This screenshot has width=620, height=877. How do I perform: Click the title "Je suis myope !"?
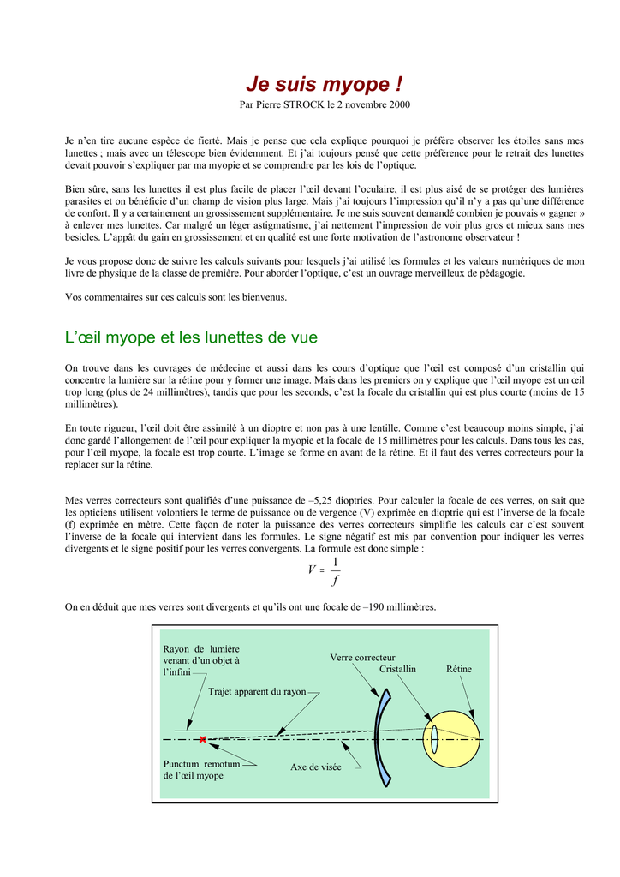pos(324,84)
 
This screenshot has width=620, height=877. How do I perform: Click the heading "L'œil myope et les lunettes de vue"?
pos(192,337)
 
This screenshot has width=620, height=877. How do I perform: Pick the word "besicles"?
pos(86,237)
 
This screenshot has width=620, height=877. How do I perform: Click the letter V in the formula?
pos(312,570)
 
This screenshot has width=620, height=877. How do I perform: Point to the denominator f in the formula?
pos(334,581)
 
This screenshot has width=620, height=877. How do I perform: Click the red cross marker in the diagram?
pos(203,739)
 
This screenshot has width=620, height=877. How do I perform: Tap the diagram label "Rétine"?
pos(459,669)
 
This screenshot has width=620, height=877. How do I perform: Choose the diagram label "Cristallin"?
pos(397,669)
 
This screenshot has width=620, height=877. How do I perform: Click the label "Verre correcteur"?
pos(362,657)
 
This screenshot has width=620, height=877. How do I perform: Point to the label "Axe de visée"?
pos(315,767)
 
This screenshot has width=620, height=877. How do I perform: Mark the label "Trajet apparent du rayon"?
pos(257,691)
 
